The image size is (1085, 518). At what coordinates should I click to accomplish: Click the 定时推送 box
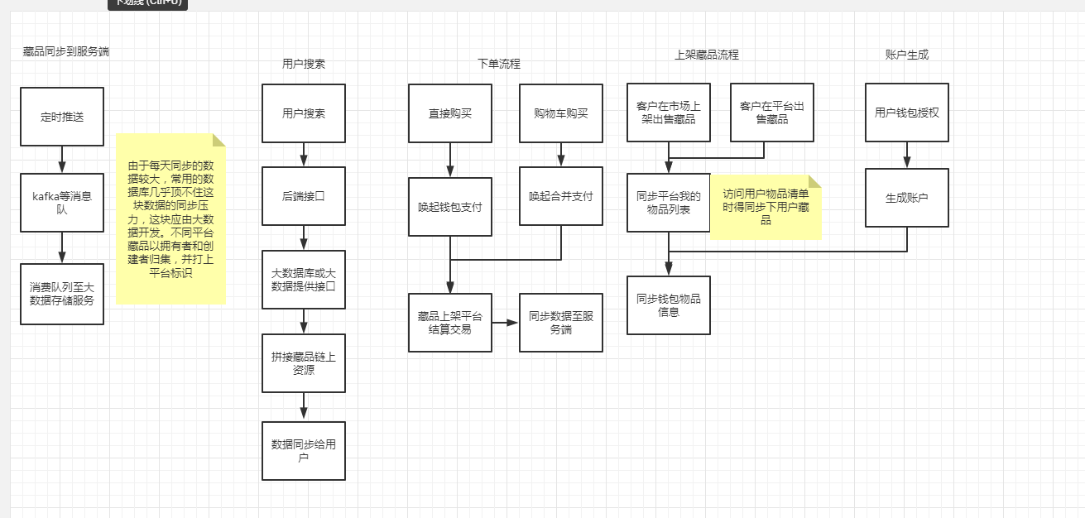click(x=62, y=117)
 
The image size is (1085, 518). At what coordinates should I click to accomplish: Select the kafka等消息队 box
click(x=62, y=203)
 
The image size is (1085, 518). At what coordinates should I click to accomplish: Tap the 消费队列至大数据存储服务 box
click(x=62, y=294)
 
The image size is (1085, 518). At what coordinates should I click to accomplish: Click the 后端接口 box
click(x=304, y=196)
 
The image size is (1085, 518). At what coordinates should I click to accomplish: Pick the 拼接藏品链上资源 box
click(x=304, y=363)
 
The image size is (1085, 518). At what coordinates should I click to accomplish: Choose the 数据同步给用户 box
click(x=304, y=451)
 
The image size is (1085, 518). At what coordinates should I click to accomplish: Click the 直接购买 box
click(x=450, y=113)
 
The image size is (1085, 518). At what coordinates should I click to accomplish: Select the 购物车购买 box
click(x=561, y=113)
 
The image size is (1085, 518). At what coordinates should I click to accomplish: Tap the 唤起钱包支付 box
click(x=450, y=207)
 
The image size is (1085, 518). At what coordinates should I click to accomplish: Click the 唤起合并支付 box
click(x=561, y=196)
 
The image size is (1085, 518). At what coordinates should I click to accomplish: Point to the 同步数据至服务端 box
click(x=561, y=323)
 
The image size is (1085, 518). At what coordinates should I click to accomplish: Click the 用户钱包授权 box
click(x=907, y=113)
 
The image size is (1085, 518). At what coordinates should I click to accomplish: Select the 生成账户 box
click(x=907, y=198)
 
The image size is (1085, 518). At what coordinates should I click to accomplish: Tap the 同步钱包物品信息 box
click(x=669, y=305)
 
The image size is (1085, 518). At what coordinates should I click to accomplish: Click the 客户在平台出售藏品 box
click(x=772, y=113)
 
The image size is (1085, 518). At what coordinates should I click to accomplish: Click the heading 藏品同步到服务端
click(x=66, y=51)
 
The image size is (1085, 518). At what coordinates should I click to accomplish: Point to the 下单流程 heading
click(x=499, y=64)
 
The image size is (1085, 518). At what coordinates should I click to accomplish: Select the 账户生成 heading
click(x=907, y=55)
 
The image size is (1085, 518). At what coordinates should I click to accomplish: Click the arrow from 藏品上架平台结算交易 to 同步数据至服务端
click(x=506, y=323)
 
